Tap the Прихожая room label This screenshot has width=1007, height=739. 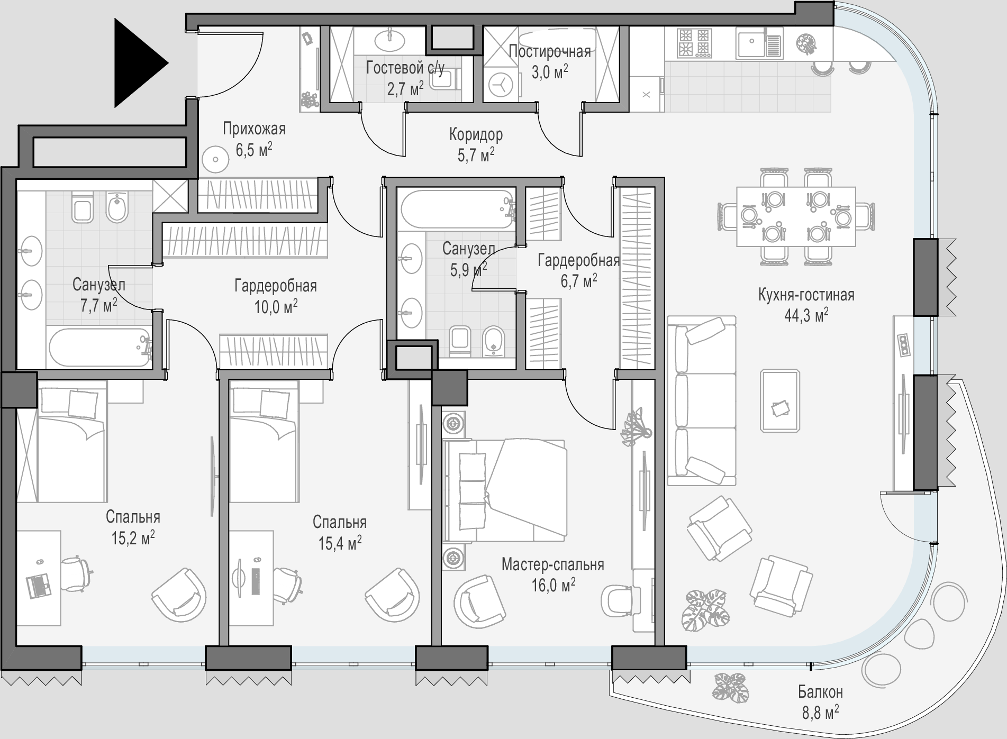pyautogui.click(x=254, y=129)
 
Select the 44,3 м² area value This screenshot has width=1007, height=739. pyautogui.click(x=806, y=315)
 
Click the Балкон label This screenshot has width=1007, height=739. pyautogui.click(x=820, y=692)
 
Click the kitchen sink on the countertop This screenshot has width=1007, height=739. pyautogui.click(x=758, y=43)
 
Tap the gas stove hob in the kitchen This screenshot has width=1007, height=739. pyautogui.click(x=694, y=43)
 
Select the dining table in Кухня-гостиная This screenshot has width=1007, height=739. pyautogui.click(x=796, y=216)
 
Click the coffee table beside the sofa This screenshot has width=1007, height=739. pyautogui.click(x=780, y=400)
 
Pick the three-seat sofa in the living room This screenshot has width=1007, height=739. pyautogui.click(x=701, y=400)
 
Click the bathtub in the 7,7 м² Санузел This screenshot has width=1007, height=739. pyautogui.click(x=100, y=348)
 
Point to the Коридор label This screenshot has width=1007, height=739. pyautogui.click(x=476, y=134)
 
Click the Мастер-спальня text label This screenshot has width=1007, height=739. pyautogui.click(x=553, y=564)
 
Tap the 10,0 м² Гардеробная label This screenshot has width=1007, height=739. pyautogui.click(x=276, y=296)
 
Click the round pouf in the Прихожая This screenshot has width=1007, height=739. pyautogui.click(x=215, y=160)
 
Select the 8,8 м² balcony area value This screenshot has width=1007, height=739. pyautogui.click(x=820, y=712)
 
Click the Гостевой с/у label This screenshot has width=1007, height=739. pyautogui.click(x=405, y=68)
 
